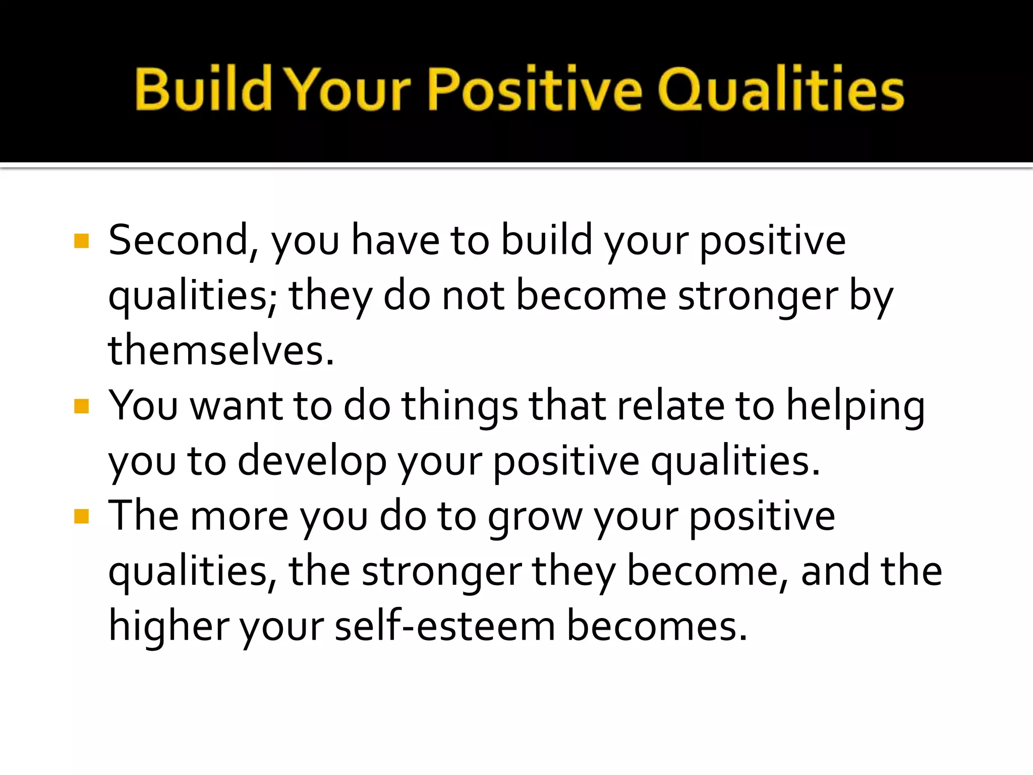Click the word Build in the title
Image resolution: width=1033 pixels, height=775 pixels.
point(203,89)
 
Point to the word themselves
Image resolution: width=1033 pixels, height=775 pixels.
point(221,351)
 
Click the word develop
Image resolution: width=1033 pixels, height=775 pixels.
point(312,462)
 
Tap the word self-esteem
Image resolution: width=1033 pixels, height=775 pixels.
point(445,626)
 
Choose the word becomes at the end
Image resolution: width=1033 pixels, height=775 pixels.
point(656,626)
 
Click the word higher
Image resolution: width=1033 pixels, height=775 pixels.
point(168,626)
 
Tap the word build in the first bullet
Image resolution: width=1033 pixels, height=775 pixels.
point(546,241)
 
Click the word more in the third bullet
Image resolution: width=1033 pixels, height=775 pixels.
point(239,517)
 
